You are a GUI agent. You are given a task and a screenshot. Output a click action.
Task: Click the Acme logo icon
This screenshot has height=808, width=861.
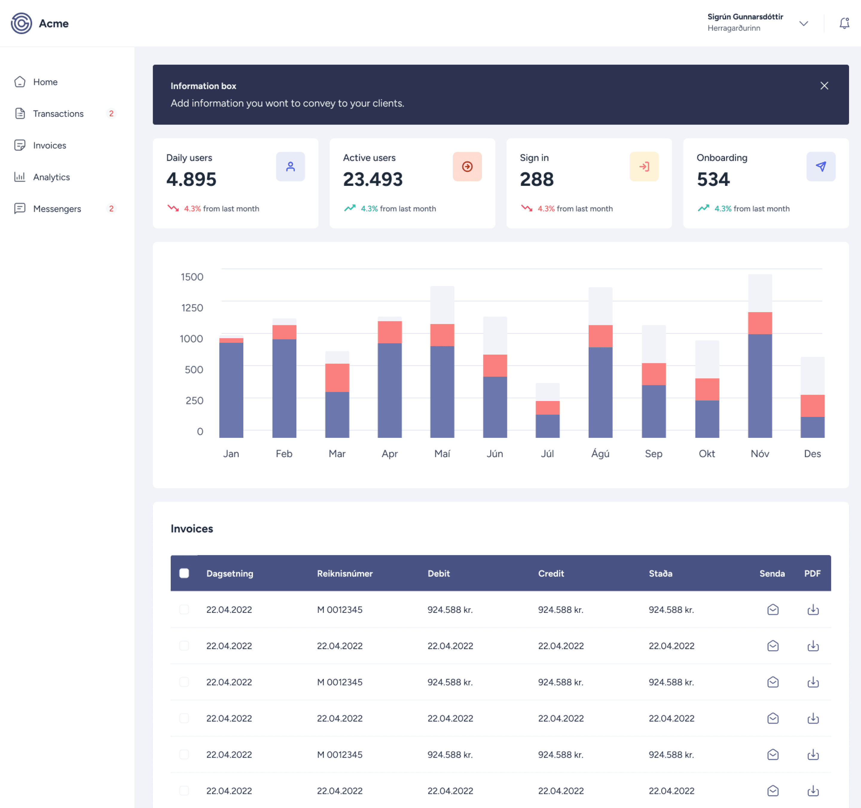pos(21,23)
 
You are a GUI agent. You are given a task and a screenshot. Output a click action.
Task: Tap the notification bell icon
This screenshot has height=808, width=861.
pos(844,23)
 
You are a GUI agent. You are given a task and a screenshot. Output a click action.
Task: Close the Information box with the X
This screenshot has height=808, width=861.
pos(824,86)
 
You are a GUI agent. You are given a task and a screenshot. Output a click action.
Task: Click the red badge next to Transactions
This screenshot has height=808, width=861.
pos(111,114)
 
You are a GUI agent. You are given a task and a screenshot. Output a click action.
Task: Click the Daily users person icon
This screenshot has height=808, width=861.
pos(290,166)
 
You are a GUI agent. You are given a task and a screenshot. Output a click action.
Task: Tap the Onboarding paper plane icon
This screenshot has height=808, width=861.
pos(821,166)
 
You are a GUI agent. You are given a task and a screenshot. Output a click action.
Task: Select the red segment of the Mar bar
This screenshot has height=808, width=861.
pos(337,378)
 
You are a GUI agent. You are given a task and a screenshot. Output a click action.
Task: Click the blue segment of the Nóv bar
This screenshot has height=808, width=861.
pos(760,386)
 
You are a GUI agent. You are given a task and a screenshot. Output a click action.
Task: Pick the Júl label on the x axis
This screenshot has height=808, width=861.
pos(547,453)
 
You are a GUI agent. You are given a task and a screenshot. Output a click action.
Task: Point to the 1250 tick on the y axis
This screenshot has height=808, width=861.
pos(192,308)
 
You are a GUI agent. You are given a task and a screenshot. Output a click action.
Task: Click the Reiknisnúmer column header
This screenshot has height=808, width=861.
pos(345,573)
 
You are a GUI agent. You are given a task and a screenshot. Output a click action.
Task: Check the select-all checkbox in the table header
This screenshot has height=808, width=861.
pos(184,573)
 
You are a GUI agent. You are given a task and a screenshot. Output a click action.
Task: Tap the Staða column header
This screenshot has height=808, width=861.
pos(660,573)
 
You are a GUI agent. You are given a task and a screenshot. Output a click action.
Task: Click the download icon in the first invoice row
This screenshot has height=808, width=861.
pos(813,610)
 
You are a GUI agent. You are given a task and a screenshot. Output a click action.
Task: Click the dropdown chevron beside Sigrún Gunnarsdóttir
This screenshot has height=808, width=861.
pos(803,23)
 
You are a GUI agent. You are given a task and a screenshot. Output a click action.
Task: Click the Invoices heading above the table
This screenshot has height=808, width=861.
pos(192,528)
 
